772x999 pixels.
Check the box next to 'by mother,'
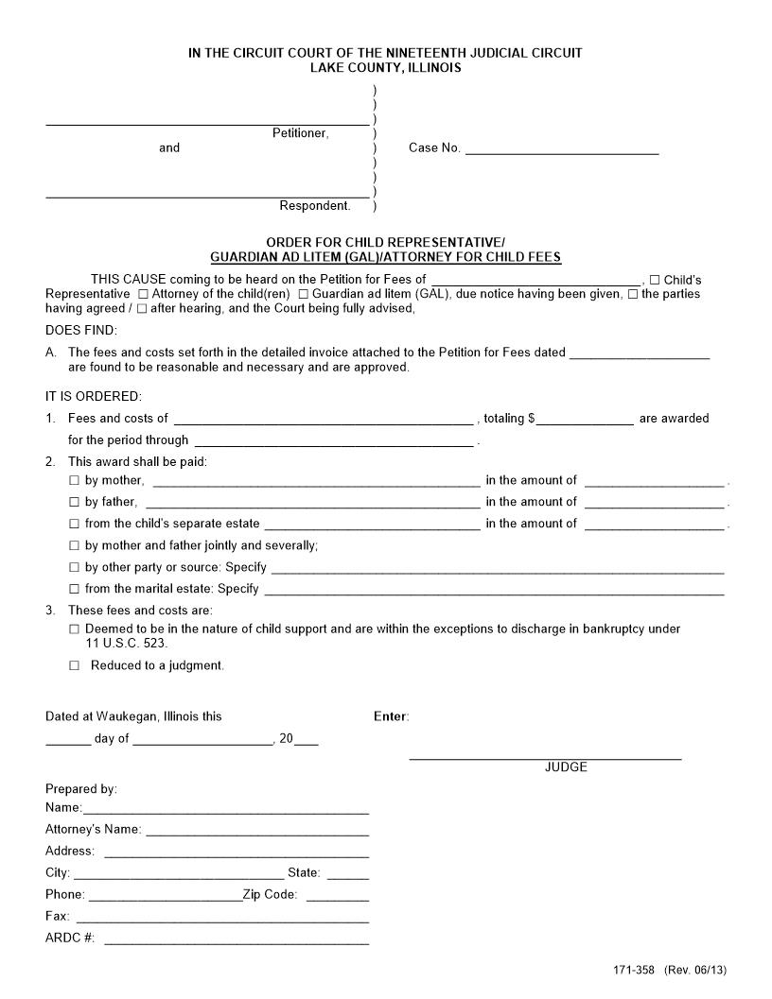click(x=75, y=480)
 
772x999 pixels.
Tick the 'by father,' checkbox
click(x=75, y=502)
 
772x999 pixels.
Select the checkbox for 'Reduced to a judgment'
click(x=75, y=665)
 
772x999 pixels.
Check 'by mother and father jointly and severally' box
click(x=75, y=545)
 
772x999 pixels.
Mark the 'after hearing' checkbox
click(x=142, y=308)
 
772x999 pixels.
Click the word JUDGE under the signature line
click(x=566, y=767)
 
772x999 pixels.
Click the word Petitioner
click(x=300, y=133)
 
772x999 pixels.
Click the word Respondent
click(x=314, y=206)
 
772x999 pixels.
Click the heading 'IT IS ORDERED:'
click(x=94, y=396)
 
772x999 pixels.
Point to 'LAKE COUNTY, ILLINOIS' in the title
click(x=385, y=68)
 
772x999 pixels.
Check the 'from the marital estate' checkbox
click(x=75, y=589)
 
